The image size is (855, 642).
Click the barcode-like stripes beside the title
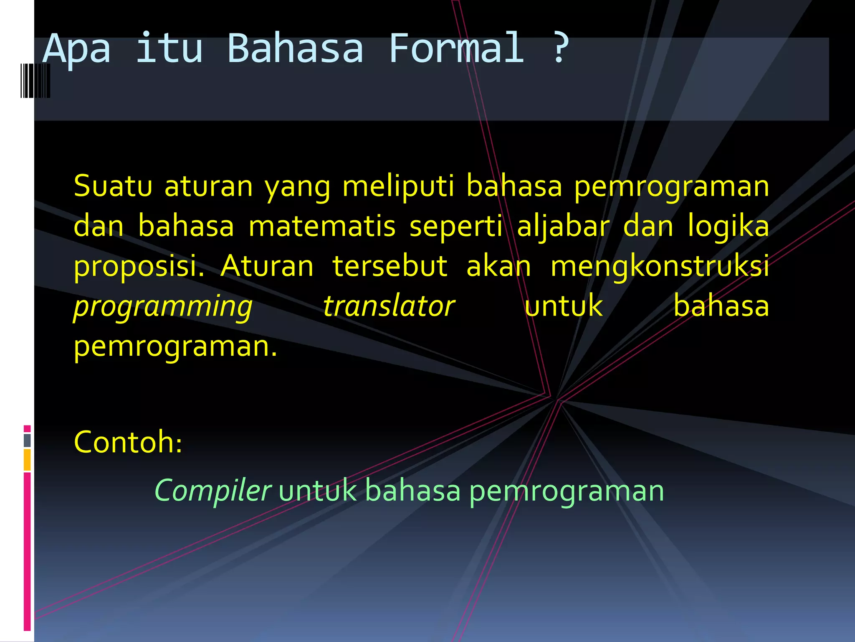point(35,81)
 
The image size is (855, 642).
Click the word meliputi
point(398,186)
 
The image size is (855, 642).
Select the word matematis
point(322,226)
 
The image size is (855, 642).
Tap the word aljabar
point(563,226)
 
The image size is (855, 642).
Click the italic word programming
point(163,306)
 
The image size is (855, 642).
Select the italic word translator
point(389,306)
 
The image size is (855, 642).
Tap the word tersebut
point(390,266)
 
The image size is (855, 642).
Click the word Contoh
point(128,442)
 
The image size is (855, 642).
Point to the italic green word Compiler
point(212,490)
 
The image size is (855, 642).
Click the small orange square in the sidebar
point(27,459)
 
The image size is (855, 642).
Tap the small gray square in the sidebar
point(27,440)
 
